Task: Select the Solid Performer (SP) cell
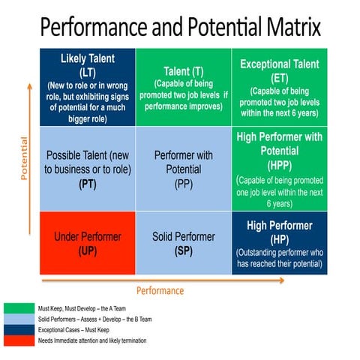184,242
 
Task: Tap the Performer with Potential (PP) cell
184,168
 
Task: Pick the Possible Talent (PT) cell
88,168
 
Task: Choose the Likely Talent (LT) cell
88,87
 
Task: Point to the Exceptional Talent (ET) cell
280,87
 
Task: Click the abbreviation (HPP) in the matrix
280,165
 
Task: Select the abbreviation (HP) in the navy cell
280,238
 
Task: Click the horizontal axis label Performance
160,290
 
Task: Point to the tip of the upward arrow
30,83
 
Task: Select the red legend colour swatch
17,341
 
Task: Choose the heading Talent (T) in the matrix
184,70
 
